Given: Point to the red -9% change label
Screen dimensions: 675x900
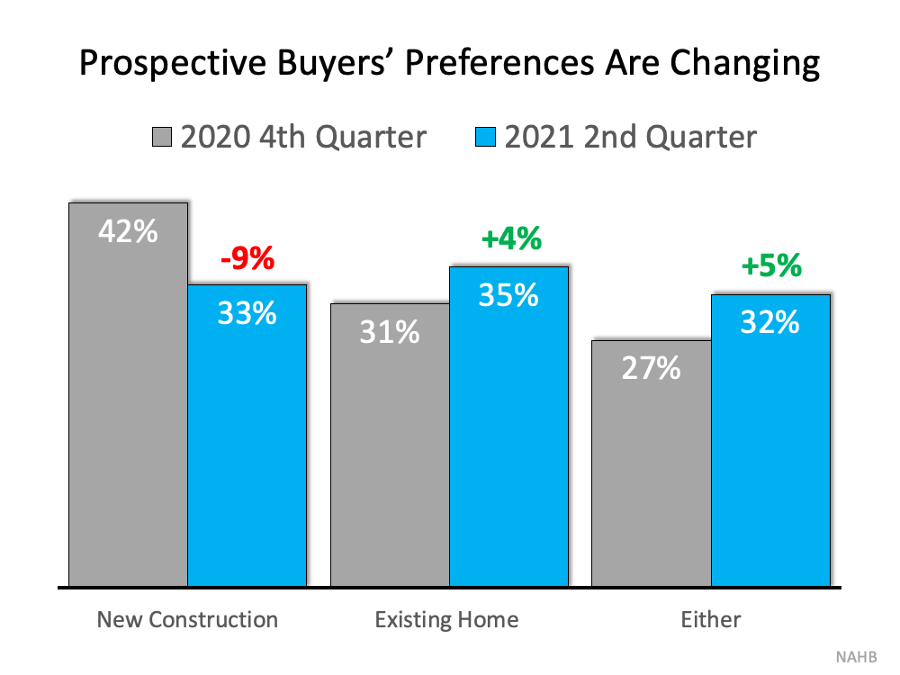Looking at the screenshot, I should [x=247, y=259].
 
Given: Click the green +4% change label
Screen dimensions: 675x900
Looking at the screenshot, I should [x=510, y=239].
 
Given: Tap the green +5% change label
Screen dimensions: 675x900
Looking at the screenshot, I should [x=770, y=267].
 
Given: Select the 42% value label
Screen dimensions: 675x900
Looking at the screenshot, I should [x=128, y=231].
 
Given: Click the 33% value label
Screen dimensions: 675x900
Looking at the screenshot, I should [x=247, y=314].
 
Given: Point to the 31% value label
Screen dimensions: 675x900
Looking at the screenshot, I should [x=390, y=332].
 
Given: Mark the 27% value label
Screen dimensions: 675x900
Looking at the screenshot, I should [x=651, y=368].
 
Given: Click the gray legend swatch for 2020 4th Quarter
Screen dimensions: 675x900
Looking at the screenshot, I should [x=162, y=138].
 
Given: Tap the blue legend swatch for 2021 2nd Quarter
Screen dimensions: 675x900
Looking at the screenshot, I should [x=486, y=138].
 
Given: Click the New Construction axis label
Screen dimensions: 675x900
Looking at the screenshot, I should [x=187, y=619].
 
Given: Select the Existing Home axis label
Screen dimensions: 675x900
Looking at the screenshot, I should [x=446, y=619].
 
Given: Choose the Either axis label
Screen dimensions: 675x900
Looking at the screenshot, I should [x=711, y=619].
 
